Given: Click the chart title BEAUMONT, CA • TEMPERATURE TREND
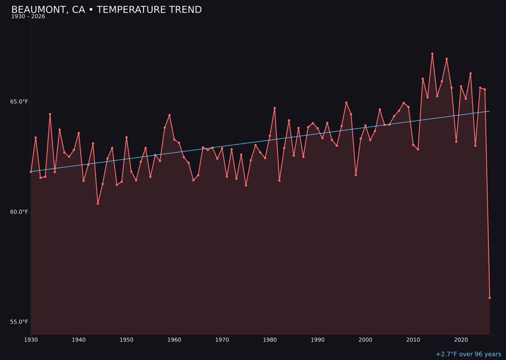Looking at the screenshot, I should click(x=106, y=10).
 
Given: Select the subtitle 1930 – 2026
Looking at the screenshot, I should click(x=28, y=17).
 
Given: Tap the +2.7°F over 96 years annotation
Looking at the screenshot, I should click(x=468, y=354).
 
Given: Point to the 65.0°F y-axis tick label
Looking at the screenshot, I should click(x=19, y=102).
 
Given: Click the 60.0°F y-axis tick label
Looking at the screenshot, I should click(x=19, y=212).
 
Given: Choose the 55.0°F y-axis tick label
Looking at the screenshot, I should click(x=19, y=322).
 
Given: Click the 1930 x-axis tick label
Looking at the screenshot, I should click(x=31, y=340).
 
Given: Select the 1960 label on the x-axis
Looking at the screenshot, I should click(x=174, y=340).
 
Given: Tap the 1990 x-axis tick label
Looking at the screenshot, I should click(x=318, y=340).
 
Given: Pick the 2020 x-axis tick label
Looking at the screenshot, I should click(x=461, y=340).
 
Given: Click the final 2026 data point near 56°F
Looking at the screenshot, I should click(x=490, y=298).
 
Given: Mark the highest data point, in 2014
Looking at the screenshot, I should click(x=432, y=54).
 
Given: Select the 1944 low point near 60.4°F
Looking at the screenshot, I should click(x=98, y=203).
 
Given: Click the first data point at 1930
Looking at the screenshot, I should click(x=31, y=172).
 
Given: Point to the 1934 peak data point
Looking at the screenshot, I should click(x=50, y=114).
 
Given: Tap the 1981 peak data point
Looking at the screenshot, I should click(x=275, y=108).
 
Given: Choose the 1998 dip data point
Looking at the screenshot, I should click(x=356, y=175).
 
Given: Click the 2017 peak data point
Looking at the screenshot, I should click(x=446, y=59).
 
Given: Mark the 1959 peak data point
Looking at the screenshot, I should click(x=170, y=115).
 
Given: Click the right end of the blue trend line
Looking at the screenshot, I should click(x=490, y=111).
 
